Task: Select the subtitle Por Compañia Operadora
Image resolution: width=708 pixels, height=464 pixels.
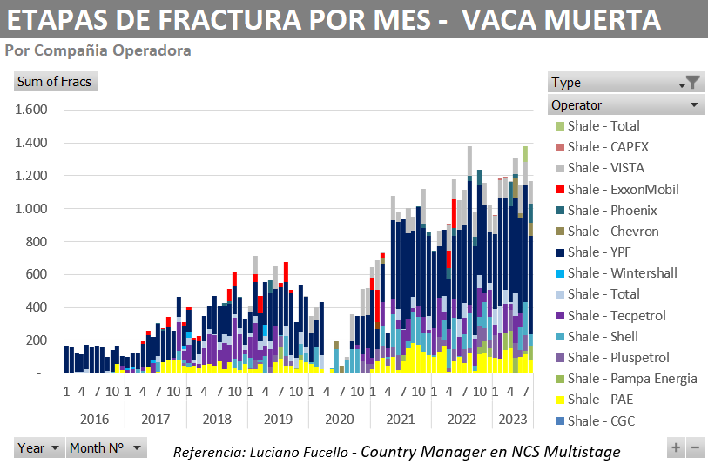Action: coord(98,50)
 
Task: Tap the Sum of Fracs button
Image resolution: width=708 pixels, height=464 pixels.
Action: coord(55,82)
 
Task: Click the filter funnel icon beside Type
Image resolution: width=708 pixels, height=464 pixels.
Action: coord(692,83)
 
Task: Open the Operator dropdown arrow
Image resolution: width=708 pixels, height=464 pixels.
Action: coord(694,105)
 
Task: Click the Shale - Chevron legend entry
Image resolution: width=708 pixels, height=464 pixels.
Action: coord(613,232)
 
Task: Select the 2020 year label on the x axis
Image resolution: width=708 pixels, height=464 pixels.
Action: coord(340,420)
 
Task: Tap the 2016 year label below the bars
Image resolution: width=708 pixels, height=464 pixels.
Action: coord(94,420)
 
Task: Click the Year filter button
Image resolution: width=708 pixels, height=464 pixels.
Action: coord(39,448)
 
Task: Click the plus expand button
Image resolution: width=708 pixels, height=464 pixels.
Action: coord(675,448)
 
